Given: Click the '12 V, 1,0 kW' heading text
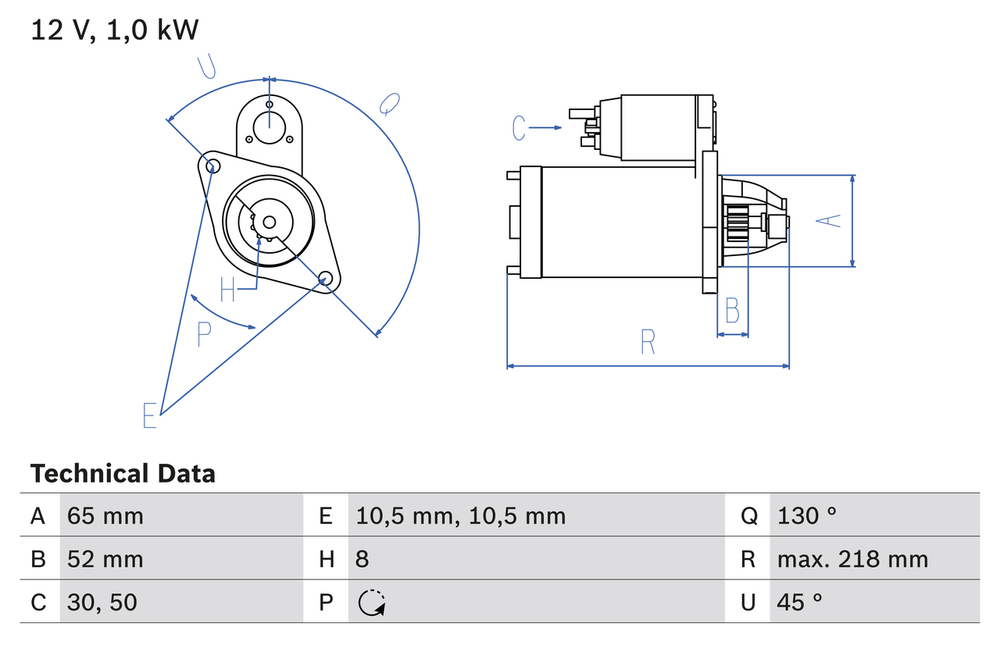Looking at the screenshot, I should (x=115, y=30).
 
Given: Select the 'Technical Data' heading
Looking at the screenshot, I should (x=123, y=474).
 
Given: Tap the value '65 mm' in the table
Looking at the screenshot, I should (x=105, y=515).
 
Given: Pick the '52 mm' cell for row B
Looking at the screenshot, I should (x=105, y=559).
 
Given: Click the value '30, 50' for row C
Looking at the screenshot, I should (x=102, y=602).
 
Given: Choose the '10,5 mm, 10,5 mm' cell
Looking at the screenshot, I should (x=460, y=515).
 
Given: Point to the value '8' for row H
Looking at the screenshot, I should (x=362, y=559).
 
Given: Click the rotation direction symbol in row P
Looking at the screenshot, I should (x=372, y=603).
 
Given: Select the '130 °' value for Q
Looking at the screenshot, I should (x=807, y=515).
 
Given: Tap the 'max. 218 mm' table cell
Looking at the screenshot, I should (x=852, y=559).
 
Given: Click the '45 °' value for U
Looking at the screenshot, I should (x=800, y=602).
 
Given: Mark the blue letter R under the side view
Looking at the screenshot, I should (x=648, y=342).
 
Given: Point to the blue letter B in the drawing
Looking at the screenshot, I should (x=732, y=311).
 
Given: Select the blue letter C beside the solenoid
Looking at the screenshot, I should (x=520, y=127).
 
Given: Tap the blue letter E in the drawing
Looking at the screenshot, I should (x=150, y=415).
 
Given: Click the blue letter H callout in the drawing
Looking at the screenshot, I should (x=227, y=290).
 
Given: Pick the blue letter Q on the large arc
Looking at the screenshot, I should (x=389, y=104).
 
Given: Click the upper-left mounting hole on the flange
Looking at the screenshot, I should (x=209, y=164).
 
